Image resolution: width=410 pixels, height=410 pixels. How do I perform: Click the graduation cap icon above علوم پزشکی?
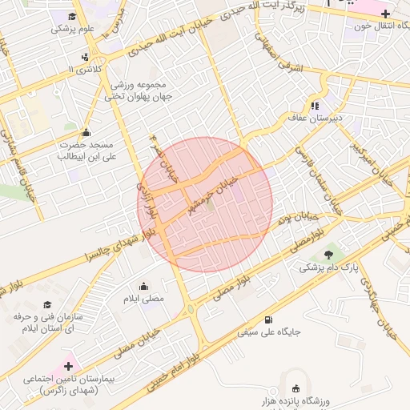[73, 16]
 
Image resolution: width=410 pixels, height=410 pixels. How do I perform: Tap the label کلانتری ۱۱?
[88, 70]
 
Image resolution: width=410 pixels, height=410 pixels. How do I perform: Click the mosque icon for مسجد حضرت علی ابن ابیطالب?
[86, 132]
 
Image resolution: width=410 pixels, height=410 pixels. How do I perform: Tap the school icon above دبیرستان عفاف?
[315, 105]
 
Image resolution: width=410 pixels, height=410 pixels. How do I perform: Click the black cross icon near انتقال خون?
[385, 13]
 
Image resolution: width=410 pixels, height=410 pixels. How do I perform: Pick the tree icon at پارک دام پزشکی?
[329, 254]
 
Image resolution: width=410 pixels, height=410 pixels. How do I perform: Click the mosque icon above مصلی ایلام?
[144, 286]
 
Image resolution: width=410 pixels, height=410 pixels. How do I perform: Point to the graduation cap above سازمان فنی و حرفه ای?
[47, 305]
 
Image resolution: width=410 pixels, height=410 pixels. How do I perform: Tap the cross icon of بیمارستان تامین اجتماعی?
[69, 362]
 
